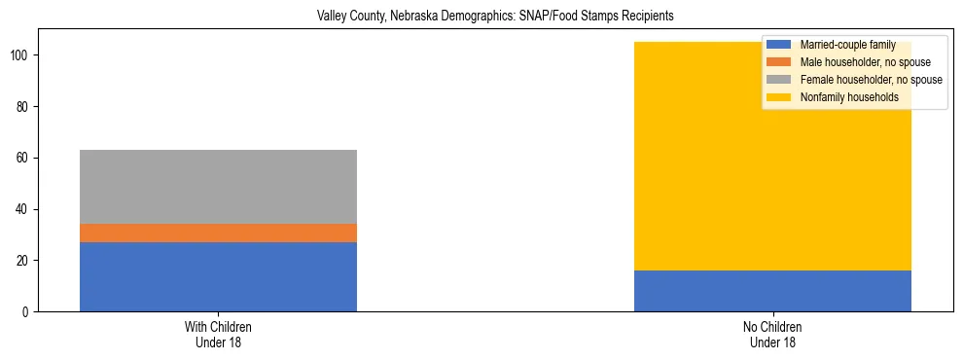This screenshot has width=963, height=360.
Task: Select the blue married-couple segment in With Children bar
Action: click(218, 276)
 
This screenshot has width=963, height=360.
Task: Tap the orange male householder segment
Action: click(218, 233)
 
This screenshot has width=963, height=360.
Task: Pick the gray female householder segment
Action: click(218, 187)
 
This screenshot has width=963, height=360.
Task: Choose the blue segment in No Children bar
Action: click(772, 291)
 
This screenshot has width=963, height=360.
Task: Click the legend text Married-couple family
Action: click(848, 45)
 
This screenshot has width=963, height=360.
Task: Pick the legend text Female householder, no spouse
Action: click(871, 80)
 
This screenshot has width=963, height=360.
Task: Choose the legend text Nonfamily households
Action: click(849, 97)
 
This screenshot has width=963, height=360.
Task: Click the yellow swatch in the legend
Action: click(779, 97)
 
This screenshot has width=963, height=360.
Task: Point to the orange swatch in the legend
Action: click(779, 62)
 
